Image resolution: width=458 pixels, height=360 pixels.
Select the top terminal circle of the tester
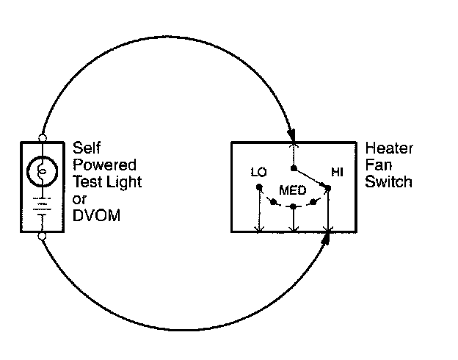click(x=43, y=137)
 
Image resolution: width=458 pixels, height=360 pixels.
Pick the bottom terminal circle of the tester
click(x=43, y=236)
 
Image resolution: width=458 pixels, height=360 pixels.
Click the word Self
click(x=86, y=148)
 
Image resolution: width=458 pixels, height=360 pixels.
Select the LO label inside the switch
click(x=257, y=173)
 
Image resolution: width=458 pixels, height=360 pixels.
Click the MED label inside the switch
click(x=292, y=190)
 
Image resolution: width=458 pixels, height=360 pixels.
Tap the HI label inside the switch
click(x=337, y=173)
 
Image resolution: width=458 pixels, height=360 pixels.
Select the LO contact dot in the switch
click(x=258, y=187)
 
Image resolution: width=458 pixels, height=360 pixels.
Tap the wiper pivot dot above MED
click(x=293, y=168)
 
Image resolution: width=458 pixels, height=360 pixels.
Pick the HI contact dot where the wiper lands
click(x=327, y=187)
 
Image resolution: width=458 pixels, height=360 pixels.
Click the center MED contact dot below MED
click(x=293, y=206)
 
